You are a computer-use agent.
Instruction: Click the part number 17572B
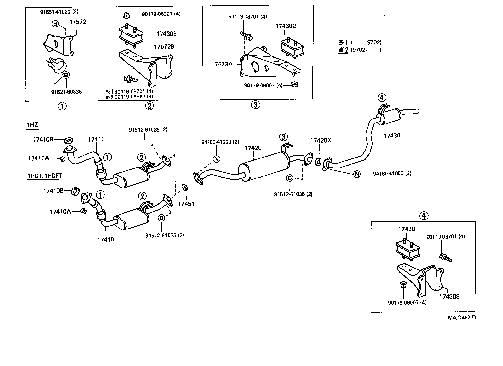click(x=164, y=46)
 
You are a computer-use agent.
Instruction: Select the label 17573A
click(x=222, y=64)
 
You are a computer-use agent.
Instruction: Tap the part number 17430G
click(x=286, y=26)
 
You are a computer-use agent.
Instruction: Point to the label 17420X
click(x=321, y=140)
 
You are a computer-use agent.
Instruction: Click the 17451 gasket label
click(x=186, y=204)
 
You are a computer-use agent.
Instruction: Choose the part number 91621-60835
click(x=66, y=92)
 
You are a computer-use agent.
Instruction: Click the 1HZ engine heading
click(x=32, y=125)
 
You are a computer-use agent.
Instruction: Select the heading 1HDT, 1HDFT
click(x=45, y=176)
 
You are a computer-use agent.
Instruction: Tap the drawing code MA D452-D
click(x=462, y=318)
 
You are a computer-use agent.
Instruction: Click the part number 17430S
click(x=449, y=297)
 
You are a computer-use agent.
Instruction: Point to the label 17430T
click(x=409, y=229)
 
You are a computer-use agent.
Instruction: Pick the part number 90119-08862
click(x=130, y=97)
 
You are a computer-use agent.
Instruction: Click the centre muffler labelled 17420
click(x=263, y=167)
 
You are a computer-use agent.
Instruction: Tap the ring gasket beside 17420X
click(x=318, y=162)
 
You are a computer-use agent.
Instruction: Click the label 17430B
click(x=166, y=34)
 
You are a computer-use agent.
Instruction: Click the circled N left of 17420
click(x=216, y=159)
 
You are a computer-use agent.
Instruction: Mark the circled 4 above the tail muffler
click(x=382, y=97)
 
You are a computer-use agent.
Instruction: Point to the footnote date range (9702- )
click(x=366, y=50)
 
